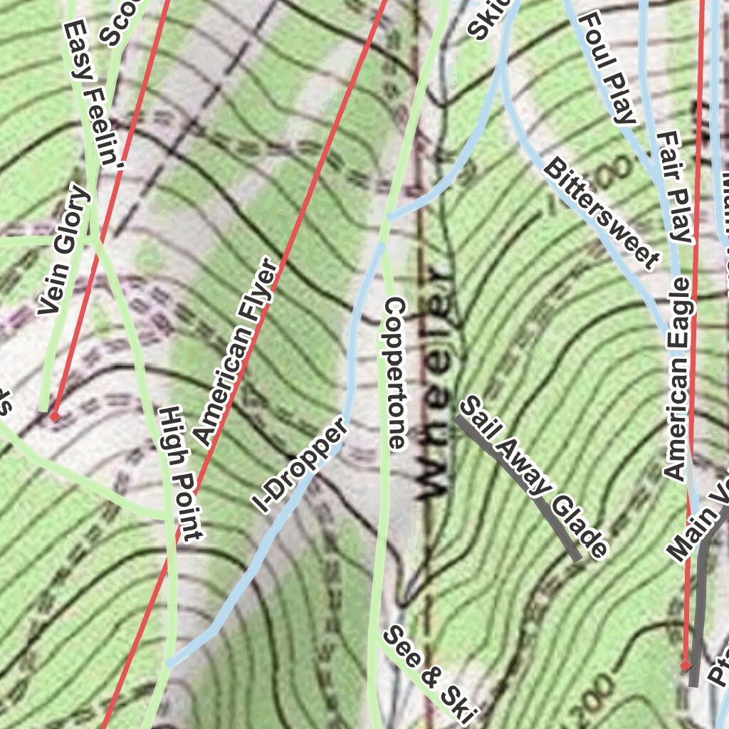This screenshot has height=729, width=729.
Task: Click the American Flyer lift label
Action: tap(236, 351)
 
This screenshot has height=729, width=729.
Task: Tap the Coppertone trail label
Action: tap(394, 374)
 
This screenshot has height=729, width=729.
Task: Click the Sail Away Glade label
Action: tap(534, 478)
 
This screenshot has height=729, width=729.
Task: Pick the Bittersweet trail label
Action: tap(599, 214)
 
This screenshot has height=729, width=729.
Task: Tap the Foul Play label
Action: tap(608, 68)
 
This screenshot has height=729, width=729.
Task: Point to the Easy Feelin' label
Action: tap(93, 93)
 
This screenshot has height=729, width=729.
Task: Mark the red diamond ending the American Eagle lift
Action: tap(685, 666)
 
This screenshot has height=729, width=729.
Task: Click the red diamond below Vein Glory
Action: tap(54, 416)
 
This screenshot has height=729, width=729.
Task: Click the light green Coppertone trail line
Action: tap(382, 534)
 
